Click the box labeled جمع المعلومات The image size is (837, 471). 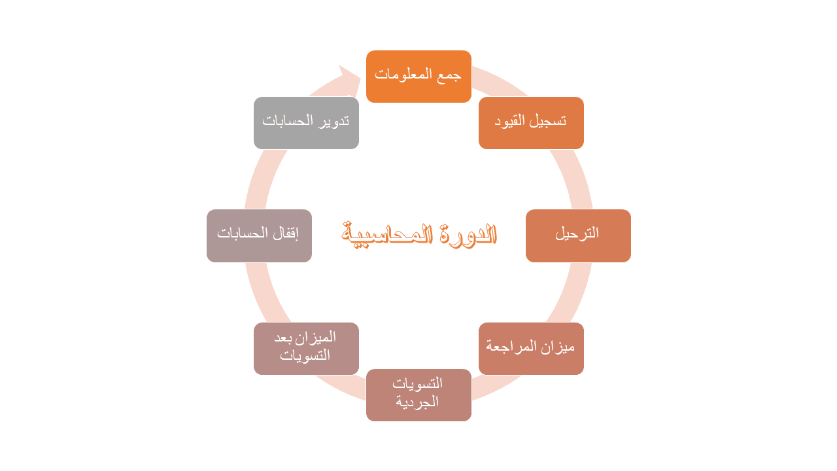418,77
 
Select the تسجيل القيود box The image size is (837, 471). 531,123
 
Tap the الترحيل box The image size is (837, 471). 578,235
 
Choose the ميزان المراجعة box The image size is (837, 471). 531,349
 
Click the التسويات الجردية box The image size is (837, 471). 418,395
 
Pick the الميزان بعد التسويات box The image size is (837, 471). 306,349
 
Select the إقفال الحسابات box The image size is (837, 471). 259,235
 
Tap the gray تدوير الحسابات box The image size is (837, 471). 306,123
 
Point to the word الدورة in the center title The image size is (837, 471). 466,234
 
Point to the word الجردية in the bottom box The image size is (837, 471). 417,402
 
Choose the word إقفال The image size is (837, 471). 284,233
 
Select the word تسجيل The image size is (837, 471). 550,121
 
